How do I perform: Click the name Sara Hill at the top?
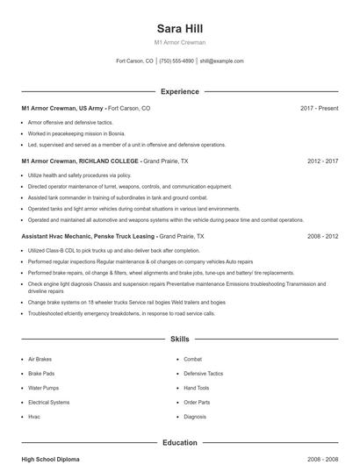(179, 29)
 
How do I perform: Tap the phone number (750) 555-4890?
(176, 61)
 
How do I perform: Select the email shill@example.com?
(221, 61)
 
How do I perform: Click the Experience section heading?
(179, 91)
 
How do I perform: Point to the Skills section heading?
(179, 339)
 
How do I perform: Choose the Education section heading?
(179, 443)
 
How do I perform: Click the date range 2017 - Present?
(319, 108)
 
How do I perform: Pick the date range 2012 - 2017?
(322, 162)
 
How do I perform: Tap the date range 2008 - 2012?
(322, 237)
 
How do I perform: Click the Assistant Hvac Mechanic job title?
(89, 237)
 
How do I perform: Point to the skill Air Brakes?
(40, 360)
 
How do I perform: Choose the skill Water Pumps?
(43, 388)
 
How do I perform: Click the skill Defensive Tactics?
(203, 374)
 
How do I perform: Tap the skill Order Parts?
(197, 403)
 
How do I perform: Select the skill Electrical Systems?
(48, 403)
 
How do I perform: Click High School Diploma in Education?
(51, 459)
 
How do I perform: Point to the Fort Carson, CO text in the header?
(134, 61)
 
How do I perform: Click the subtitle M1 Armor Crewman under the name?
(179, 43)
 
